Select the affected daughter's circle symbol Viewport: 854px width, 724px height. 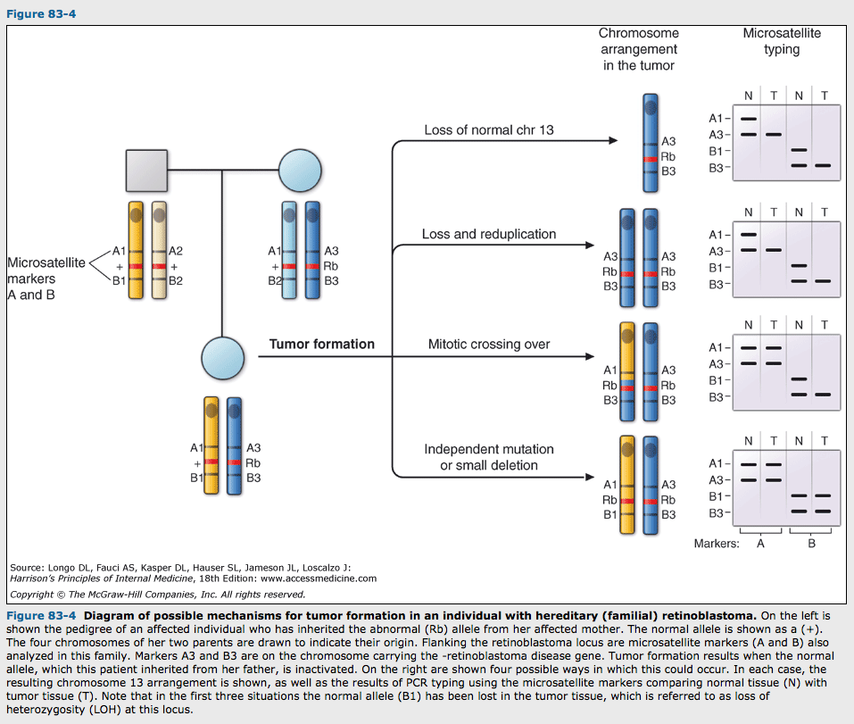pos(223,357)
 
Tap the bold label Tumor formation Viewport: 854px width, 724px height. pos(322,344)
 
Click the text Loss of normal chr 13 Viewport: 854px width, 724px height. pos(489,130)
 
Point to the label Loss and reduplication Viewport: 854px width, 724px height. pos(489,234)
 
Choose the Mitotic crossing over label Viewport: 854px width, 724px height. pos(489,344)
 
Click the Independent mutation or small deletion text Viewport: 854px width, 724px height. pos(489,457)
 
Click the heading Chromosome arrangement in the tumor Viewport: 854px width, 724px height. pos(639,49)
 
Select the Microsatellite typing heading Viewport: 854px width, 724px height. pos(782,41)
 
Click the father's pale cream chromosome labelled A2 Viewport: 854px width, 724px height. pos(159,250)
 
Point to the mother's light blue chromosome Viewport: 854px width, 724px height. pos(289,250)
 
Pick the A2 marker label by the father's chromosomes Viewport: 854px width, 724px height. pos(176,251)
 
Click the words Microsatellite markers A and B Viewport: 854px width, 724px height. pos(46,279)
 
